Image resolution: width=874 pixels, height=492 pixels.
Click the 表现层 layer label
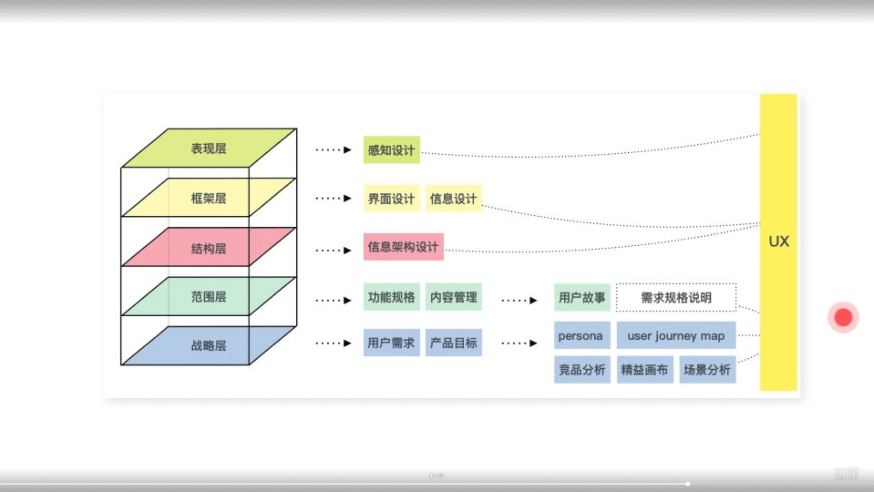[209, 149]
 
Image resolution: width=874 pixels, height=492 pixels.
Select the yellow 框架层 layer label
[209, 198]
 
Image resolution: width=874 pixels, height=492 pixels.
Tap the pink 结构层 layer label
[209, 248]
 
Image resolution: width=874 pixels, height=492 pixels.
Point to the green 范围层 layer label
[209, 297]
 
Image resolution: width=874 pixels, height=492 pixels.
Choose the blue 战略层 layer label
[209, 345]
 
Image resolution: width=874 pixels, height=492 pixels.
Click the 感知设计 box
[391, 150]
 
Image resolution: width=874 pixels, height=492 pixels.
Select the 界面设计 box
[391, 199]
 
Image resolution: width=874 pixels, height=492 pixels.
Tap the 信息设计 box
[454, 199]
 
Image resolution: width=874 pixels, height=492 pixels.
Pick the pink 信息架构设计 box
[403, 247]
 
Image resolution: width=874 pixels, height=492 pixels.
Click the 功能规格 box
[391, 297]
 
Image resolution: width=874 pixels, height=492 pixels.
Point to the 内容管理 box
[454, 297]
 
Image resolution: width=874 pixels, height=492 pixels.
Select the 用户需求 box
[391, 343]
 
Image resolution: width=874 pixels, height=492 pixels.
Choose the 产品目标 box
[454, 343]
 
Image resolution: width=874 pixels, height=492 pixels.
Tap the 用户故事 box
[582, 297]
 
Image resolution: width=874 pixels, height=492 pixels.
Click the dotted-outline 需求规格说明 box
[676, 297]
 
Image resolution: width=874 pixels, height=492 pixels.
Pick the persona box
[582, 336]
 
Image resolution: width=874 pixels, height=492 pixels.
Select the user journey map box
[676, 336]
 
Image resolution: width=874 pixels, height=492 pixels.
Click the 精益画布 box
[645, 369]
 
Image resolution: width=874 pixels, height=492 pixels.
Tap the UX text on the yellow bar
[779, 241]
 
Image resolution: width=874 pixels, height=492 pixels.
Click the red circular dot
[843, 317]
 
